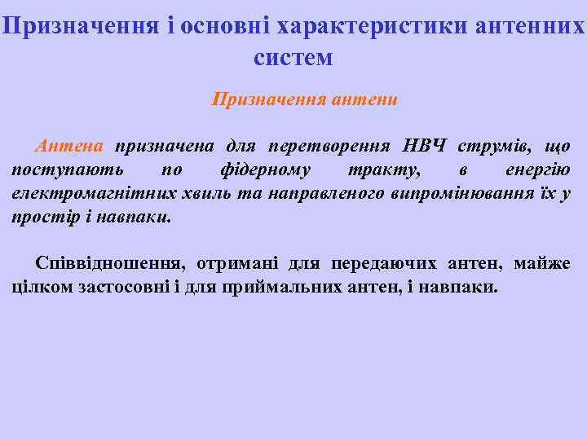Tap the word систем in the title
(x=293, y=58)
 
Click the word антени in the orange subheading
(x=365, y=100)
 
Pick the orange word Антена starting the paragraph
(x=69, y=146)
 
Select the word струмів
(x=489, y=146)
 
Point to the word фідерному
(x=265, y=169)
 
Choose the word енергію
(x=538, y=169)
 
